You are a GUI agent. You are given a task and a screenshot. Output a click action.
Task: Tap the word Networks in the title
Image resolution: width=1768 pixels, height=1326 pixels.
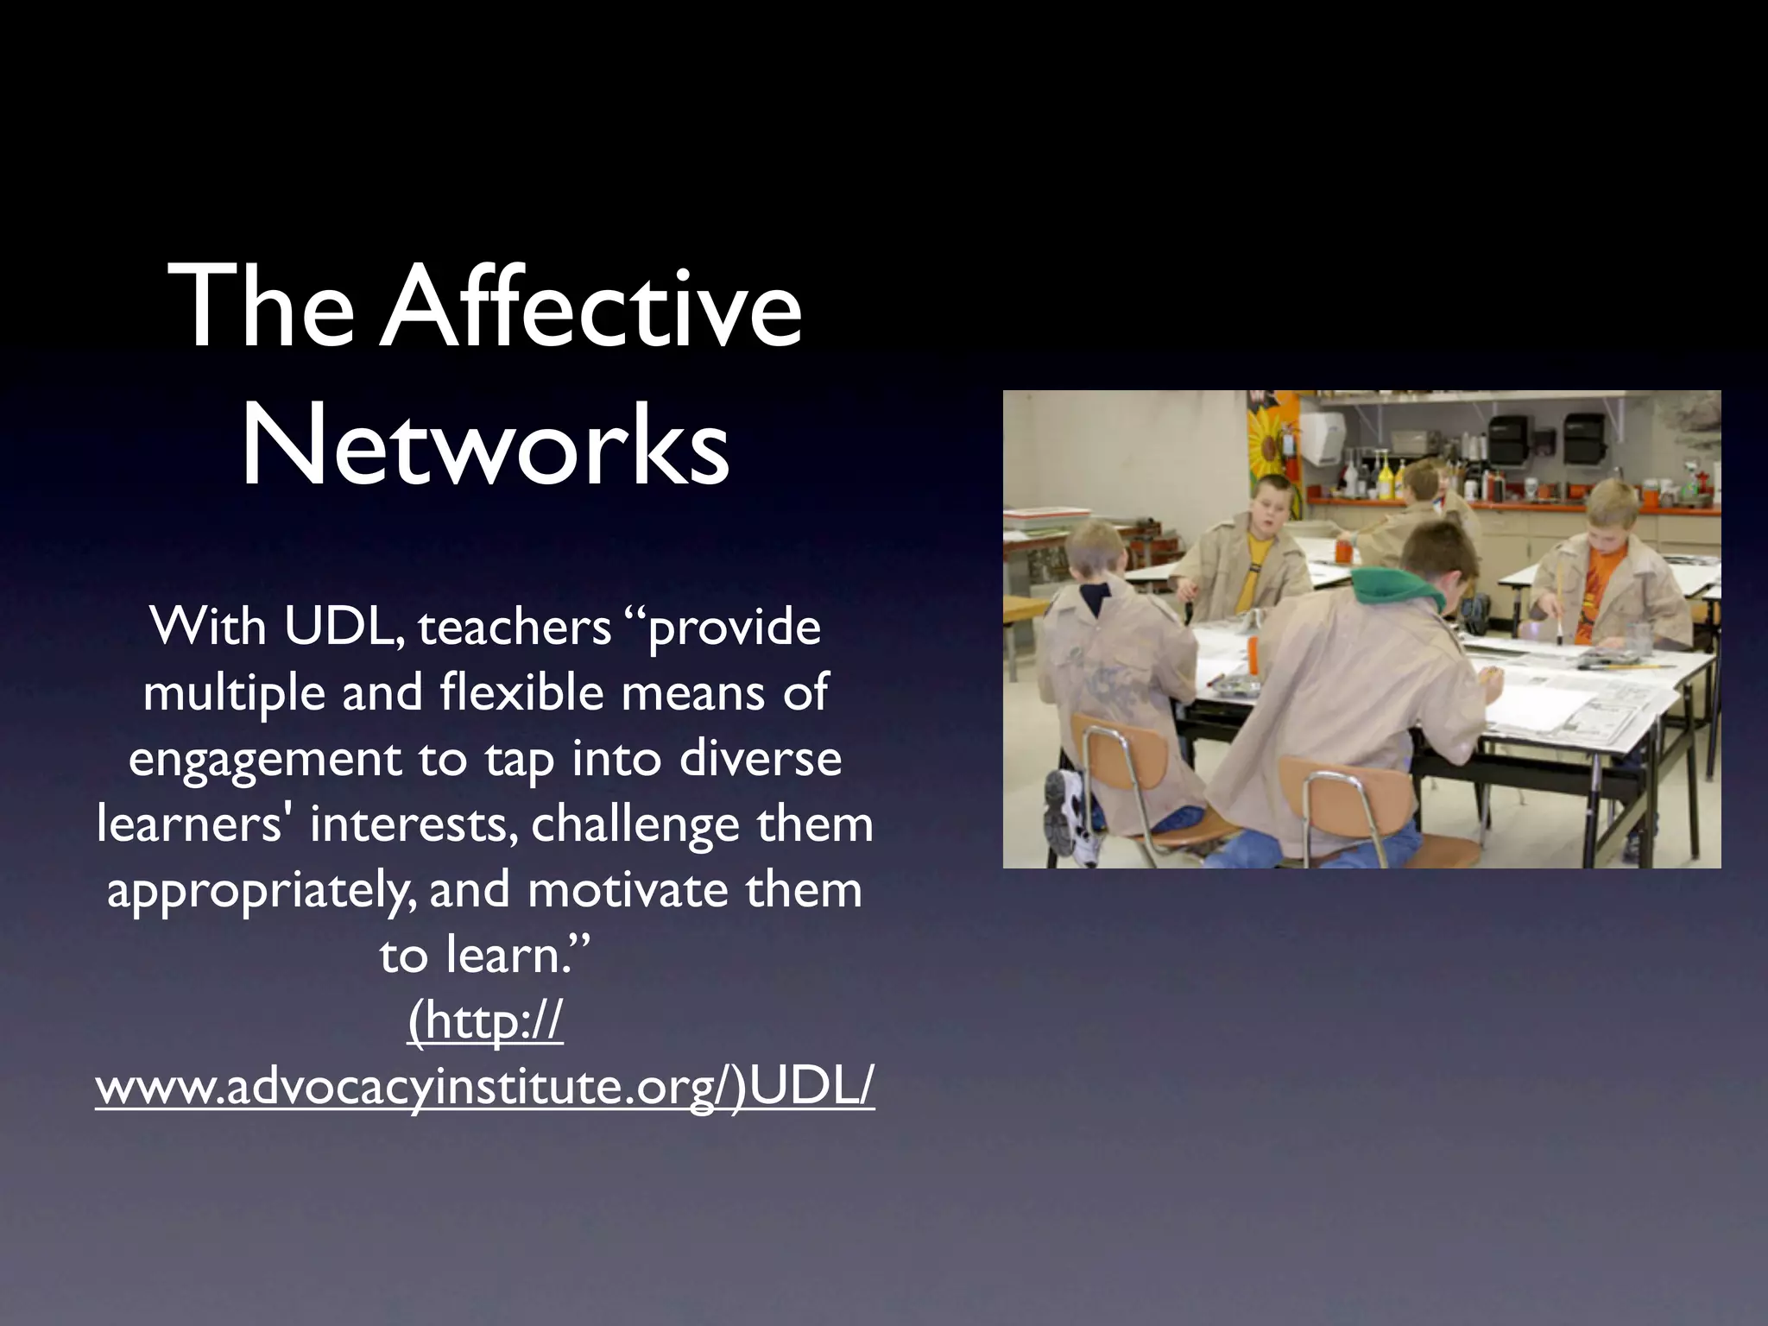coord(485,447)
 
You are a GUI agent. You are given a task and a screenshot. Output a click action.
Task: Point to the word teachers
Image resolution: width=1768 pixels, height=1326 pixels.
coord(515,628)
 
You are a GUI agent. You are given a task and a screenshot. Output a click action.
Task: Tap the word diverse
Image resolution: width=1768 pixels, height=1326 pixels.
coord(760,758)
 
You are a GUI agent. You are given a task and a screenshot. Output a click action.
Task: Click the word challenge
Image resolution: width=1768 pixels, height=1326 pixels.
coord(635,824)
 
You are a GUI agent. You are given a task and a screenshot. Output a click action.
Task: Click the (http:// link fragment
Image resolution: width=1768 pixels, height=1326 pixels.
coord(485,1022)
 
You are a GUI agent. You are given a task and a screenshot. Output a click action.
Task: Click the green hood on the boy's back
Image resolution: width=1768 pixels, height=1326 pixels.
coord(1399,587)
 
